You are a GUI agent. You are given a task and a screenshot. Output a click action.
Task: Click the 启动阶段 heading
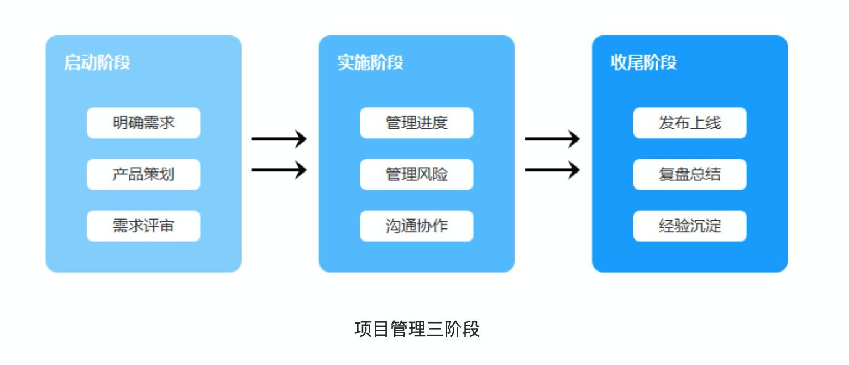point(97,62)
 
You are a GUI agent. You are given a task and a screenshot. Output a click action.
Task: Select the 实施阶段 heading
point(370,62)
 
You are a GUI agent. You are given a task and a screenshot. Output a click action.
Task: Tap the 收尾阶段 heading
point(643,62)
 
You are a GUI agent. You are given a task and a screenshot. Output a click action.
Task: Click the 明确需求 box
point(143,123)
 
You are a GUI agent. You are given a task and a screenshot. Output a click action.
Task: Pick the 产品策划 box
point(143,174)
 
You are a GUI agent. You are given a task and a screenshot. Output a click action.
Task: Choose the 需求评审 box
point(143,226)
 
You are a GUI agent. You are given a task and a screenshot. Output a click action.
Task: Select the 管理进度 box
point(416,123)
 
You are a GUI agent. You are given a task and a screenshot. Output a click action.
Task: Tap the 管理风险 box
point(416,174)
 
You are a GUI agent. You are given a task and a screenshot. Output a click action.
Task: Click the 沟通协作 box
point(416,226)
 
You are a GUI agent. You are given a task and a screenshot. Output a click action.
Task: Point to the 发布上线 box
point(689,123)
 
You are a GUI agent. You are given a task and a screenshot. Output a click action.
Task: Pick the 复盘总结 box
point(689,174)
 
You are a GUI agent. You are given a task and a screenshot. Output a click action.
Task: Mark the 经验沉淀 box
point(689,226)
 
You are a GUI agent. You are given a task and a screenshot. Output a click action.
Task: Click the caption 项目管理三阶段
point(417,329)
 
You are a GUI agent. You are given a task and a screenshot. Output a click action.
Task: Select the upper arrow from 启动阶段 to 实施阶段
point(279,138)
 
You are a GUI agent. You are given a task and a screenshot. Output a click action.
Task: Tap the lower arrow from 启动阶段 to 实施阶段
point(279,169)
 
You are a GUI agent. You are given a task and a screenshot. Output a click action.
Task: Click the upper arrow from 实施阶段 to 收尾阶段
point(552,138)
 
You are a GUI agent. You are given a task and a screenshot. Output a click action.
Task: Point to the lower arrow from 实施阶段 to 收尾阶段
point(552,169)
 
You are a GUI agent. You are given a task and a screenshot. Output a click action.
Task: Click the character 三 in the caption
point(434,329)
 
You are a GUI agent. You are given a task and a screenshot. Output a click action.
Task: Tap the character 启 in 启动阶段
point(72,62)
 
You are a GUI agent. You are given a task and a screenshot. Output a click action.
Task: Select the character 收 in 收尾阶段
point(619,62)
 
